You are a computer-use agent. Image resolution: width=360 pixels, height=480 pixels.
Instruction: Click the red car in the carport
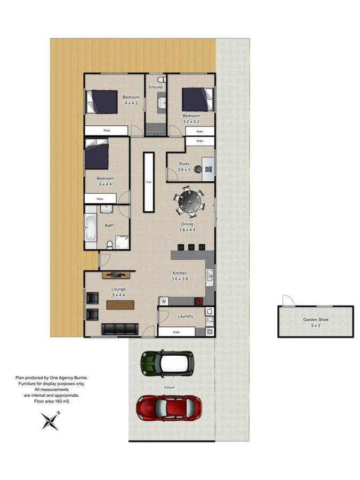tap(169, 408)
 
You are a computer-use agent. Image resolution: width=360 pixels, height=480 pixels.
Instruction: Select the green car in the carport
tap(166, 364)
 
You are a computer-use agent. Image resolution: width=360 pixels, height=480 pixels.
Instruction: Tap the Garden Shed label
tap(315, 319)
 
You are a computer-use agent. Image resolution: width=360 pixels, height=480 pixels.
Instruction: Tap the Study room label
tap(183, 164)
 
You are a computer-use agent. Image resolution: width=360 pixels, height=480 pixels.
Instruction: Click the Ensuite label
tap(155, 87)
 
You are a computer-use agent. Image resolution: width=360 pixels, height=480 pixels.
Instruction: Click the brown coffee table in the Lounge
tap(120, 305)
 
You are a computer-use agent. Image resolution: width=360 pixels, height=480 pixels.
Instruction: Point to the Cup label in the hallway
tap(149, 182)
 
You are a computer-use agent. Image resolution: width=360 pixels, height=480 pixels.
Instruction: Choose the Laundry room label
tap(185, 316)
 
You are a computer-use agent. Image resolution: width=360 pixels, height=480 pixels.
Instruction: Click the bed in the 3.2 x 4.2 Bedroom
tap(195, 100)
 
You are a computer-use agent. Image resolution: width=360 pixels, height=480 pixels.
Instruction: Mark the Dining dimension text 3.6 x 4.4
tap(187, 230)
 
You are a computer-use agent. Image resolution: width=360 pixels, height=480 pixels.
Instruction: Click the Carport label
tap(170, 388)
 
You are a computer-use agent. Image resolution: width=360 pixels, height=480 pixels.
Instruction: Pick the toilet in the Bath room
tap(109, 244)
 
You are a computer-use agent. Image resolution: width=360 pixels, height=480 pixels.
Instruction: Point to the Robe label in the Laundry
tap(176, 332)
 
